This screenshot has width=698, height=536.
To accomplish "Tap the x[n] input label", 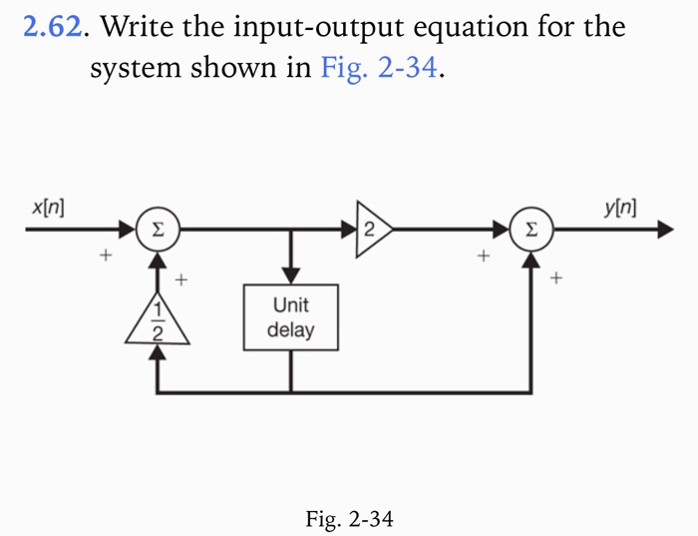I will (48, 209).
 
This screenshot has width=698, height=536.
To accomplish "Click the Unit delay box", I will (290, 316).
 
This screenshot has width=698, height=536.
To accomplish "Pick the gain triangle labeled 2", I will (374, 230).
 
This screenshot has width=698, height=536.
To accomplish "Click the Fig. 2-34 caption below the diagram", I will (349, 518).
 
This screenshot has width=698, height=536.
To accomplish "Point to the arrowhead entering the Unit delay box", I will (290, 275).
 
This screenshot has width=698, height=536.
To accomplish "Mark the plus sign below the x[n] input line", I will (103, 258).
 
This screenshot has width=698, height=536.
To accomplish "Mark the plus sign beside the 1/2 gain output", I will (181, 280).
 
